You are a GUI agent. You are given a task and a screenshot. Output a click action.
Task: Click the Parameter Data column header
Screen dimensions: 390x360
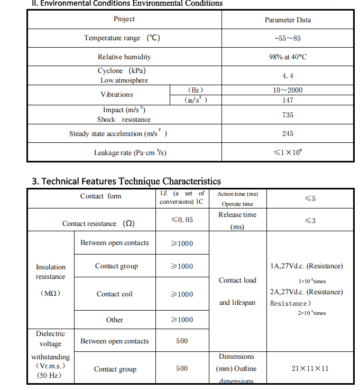[288, 20]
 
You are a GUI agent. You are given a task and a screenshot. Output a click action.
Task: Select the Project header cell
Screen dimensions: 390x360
[124, 19]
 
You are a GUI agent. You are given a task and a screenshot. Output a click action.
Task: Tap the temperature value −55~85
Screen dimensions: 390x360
[288, 38]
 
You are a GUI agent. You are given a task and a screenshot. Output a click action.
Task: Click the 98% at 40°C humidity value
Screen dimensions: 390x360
[288, 57]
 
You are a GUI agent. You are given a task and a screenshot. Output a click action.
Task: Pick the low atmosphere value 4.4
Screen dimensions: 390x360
[288, 76]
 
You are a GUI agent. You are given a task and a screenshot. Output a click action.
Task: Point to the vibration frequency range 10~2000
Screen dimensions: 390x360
[288, 90]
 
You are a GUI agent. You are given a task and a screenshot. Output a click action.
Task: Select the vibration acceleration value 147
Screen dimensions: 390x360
[288, 100]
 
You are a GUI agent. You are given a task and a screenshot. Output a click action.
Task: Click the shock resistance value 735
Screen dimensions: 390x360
[288, 115]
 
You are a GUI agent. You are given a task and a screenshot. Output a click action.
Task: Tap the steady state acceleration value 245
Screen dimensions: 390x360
[288, 134]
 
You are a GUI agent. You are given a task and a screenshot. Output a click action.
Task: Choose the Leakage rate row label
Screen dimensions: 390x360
[131, 153]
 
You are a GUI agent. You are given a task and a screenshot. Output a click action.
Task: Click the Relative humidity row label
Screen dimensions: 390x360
[124, 57]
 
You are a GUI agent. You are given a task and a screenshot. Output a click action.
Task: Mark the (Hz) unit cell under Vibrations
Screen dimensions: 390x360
[196, 90]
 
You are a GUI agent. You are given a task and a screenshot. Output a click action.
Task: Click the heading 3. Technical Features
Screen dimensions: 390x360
[126, 182]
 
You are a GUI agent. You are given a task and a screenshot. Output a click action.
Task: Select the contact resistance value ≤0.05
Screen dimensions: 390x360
[182, 220]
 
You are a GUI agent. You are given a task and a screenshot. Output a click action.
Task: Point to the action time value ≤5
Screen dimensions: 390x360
[310, 198]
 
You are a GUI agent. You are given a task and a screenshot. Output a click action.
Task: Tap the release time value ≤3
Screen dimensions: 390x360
[310, 221]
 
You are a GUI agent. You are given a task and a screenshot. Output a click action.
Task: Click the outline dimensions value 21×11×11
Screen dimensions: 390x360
[310, 368]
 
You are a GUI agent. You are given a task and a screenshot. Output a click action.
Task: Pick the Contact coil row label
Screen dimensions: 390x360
[114, 294]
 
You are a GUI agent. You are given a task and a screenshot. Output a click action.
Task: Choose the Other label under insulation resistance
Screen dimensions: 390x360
[114, 320]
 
